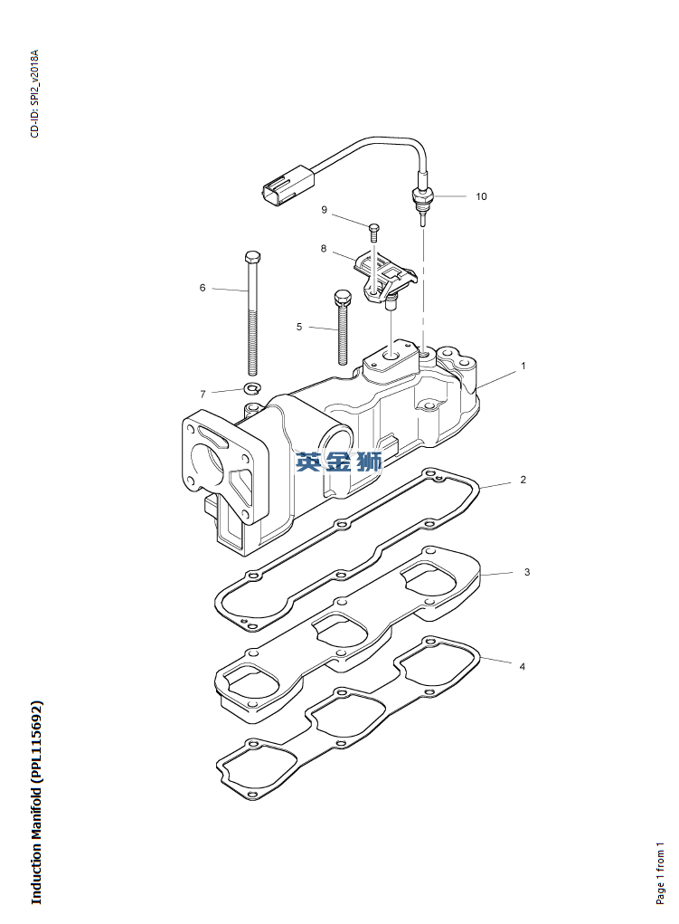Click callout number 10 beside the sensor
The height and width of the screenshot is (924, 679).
[x=481, y=196]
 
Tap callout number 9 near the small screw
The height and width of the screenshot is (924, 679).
[x=324, y=210]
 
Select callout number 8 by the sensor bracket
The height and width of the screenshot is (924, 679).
[x=324, y=249]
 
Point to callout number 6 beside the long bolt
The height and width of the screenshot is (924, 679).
[x=203, y=288]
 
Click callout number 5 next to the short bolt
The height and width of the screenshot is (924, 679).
[x=299, y=327]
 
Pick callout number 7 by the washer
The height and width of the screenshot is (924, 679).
[x=203, y=395]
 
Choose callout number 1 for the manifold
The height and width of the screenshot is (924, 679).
[x=523, y=366]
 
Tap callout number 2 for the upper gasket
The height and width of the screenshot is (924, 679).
[x=523, y=480]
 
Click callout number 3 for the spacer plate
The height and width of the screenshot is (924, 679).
[x=527, y=572]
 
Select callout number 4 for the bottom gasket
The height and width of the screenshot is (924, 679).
[x=523, y=666]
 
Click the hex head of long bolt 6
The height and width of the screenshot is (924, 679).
[x=252, y=258]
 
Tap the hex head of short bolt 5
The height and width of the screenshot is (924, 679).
[x=342, y=297]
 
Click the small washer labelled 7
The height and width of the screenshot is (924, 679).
[x=252, y=388]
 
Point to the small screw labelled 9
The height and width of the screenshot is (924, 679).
[x=373, y=233]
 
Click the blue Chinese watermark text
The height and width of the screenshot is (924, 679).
[x=339, y=462]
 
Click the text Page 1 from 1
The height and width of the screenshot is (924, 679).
[x=660, y=873]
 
